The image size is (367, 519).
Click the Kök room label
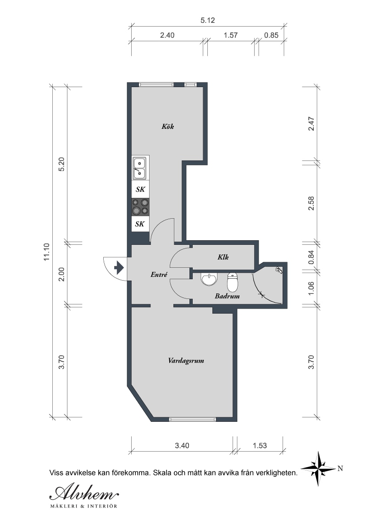click(x=167, y=126)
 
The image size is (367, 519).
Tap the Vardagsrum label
click(x=186, y=360)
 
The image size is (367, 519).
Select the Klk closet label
click(x=223, y=257)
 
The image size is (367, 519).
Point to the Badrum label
click(x=227, y=296)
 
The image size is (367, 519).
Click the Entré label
click(x=159, y=274)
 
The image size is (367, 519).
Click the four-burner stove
click(x=140, y=206)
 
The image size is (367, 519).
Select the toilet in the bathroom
click(x=232, y=282)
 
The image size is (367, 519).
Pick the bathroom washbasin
click(x=209, y=279)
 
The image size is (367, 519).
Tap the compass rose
click(x=318, y=469)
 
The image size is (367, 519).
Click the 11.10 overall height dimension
click(x=46, y=252)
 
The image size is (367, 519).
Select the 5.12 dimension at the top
click(x=208, y=20)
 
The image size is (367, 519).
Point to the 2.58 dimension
click(x=311, y=203)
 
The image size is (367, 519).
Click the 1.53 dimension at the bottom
click(x=260, y=446)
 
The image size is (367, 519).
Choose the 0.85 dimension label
click(x=271, y=35)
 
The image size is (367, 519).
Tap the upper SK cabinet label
click(x=140, y=189)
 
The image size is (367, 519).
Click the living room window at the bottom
click(x=192, y=420)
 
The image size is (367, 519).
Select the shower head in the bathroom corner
click(x=279, y=270)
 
